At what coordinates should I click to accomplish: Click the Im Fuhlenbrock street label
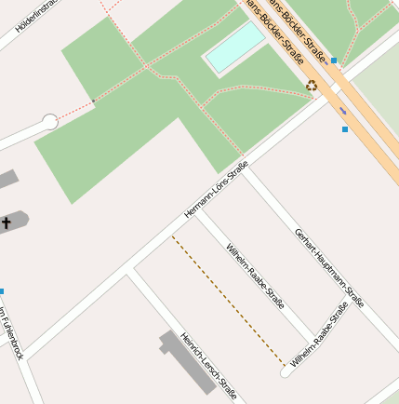(10, 332)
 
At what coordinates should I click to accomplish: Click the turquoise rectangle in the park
(236, 48)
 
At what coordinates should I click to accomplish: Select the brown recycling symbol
(313, 86)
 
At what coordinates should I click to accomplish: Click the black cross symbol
(7, 222)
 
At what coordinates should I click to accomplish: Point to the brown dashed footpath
(228, 299)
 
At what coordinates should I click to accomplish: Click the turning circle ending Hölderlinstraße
(49, 121)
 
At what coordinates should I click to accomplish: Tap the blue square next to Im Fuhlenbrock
(2, 291)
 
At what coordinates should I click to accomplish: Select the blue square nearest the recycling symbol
(334, 61)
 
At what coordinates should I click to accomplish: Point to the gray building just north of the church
(6, 179)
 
